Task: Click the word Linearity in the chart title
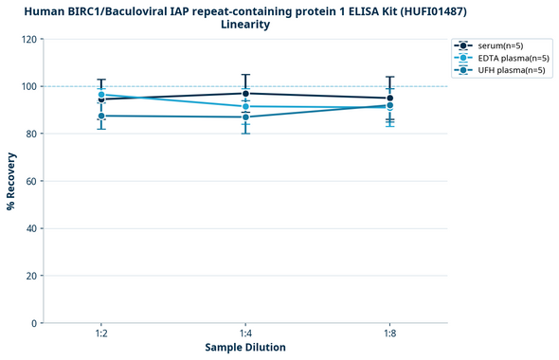[x=245, y=25]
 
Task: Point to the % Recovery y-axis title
[x=11, y=180]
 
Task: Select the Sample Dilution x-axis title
[x=245, y=348]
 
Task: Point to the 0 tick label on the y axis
[x=34, y=323]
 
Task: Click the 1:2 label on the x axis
[x=101, y=333]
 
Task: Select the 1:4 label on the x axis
[x=245, y=333]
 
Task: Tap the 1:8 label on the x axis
[x=389, y=333]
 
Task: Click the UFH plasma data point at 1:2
[x=101, y=116]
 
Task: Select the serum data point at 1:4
[x=245, y=93]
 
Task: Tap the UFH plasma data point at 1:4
[x=245, y=117]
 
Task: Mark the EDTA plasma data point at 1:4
[x=245, y=106]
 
